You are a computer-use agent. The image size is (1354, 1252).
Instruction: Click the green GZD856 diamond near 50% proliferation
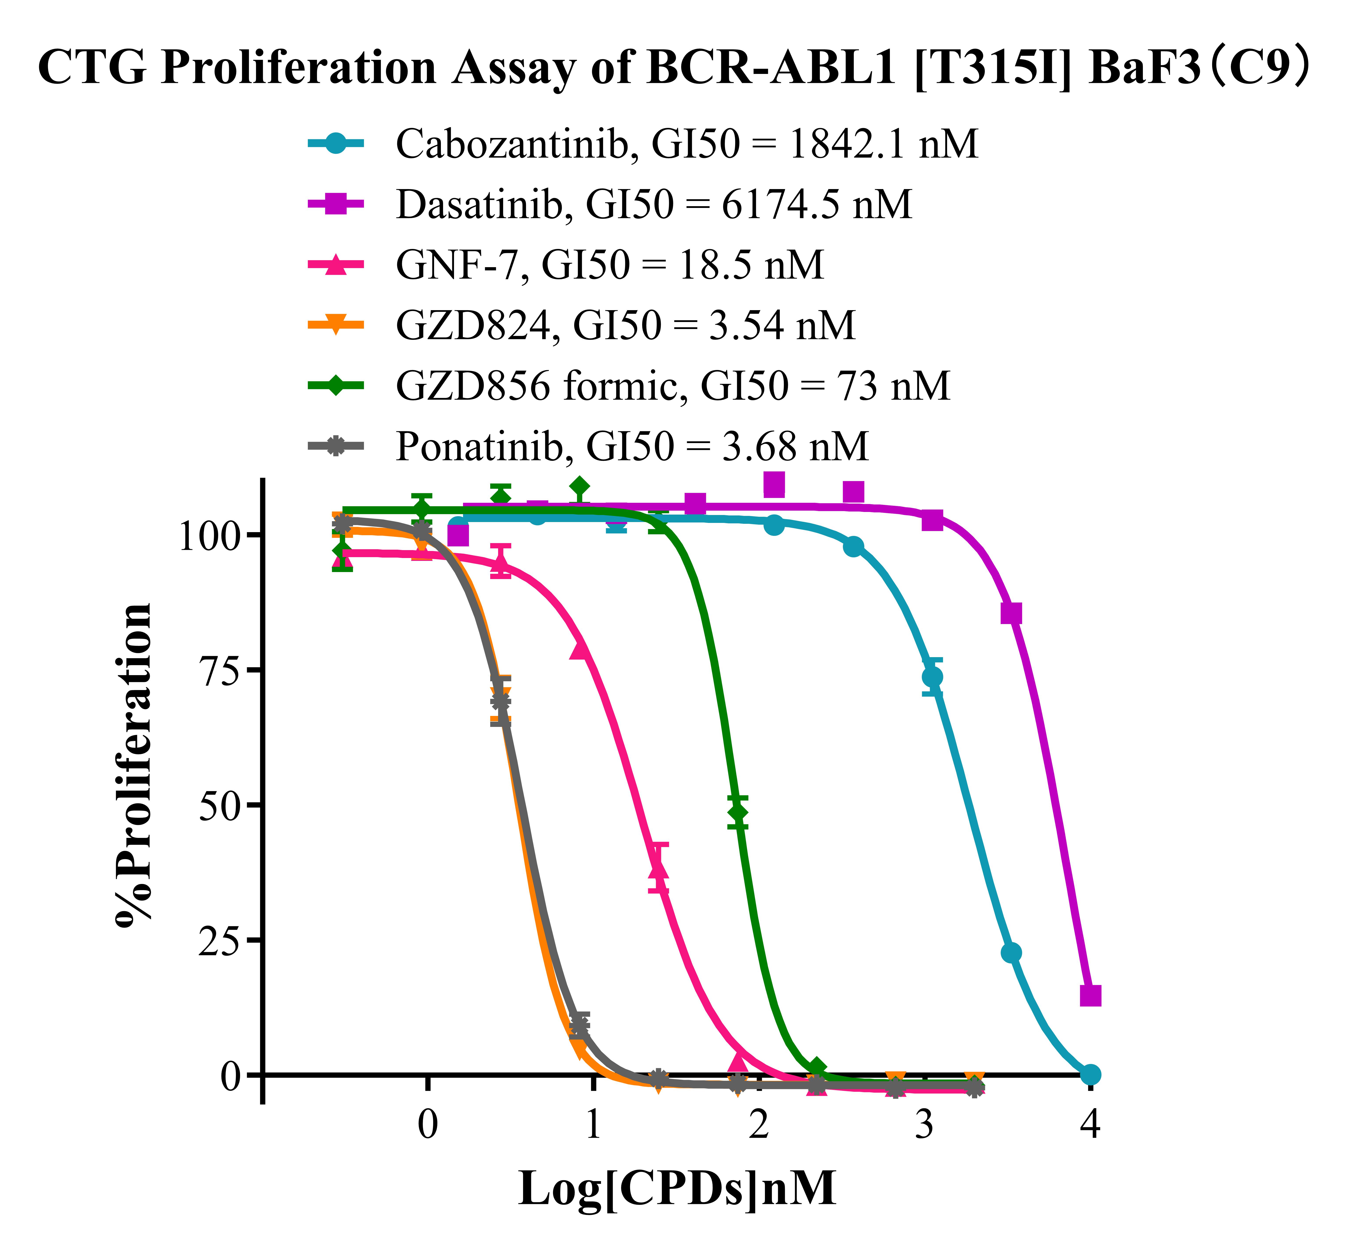[738, 812]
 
